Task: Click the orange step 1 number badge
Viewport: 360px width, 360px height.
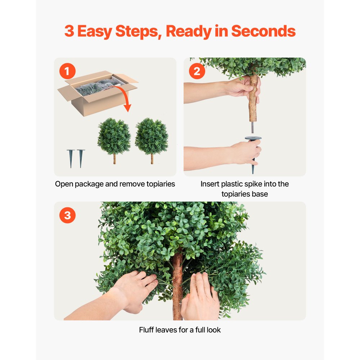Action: pos(67,71)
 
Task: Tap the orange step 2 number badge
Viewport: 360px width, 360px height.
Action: pos(197,71)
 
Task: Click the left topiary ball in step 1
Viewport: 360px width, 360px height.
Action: pos(114,137)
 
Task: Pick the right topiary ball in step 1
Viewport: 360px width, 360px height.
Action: pos(152,137)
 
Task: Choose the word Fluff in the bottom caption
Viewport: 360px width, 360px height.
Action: pos(147,329)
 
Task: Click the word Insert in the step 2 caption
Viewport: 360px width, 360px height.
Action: pos(210,184)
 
